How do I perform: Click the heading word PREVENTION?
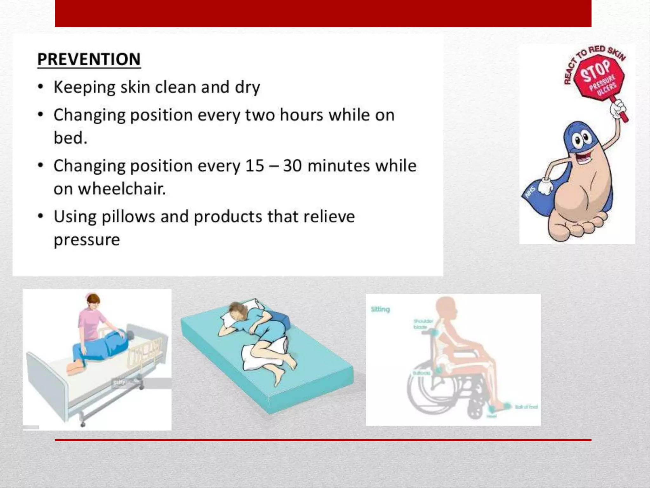(x=89, y=59)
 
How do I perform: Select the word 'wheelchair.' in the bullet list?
(x=122, y=189)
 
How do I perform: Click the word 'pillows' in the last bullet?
(x=129, y=217)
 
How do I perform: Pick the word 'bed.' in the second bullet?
(x=70, y=138)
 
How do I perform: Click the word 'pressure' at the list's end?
(x=87, y=240)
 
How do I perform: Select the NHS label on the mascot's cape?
(x=530, y=193)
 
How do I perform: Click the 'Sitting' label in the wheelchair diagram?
(x=380, y=309)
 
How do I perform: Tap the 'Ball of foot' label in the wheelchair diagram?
(x=526, y=407)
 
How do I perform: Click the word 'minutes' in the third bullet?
(x=339, y=166)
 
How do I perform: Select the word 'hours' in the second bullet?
(x=301, y=115)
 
